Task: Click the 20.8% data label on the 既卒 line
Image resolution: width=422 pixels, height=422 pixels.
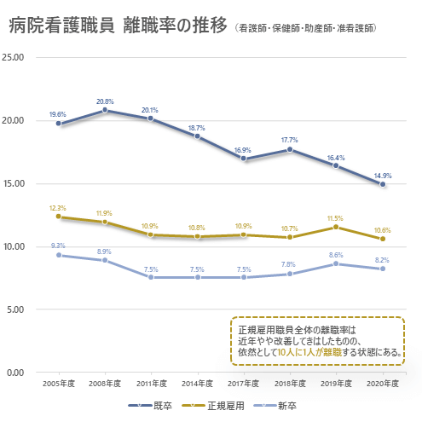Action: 105,101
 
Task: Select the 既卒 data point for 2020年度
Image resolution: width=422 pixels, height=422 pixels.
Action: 383,184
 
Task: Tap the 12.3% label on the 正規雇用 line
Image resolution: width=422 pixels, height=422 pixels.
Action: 58,207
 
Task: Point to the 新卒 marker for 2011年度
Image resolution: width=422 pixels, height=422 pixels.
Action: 151,277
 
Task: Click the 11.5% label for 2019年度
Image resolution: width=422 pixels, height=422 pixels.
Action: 336,217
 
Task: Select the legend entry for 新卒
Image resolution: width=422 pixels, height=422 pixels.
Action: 287,407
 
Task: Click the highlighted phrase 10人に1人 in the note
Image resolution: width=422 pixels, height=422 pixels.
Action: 295,350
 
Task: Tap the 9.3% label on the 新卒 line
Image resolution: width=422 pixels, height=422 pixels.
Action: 58,246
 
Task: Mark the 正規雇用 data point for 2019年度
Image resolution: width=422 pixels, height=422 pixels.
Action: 336,227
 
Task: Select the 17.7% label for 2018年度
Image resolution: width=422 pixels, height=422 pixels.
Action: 290,140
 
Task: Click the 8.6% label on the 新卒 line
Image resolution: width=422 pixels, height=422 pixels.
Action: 336,254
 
